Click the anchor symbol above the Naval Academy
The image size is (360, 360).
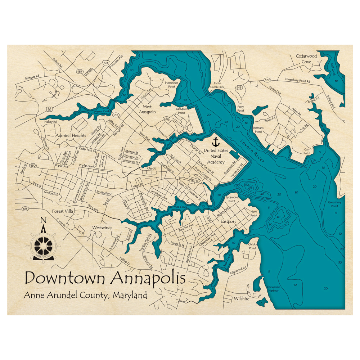[x=216, y=141]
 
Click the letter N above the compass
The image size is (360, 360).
[x=43, y=221]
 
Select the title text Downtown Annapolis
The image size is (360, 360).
[x=105, y=278]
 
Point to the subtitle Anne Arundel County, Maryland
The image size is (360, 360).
[x=85, y=296]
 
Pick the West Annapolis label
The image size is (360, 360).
[x=149, y=109]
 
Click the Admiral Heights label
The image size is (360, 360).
[x=71, y=135]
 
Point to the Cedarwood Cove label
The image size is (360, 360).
[x=306, y=59]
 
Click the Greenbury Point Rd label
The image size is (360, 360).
[x=297, y=80]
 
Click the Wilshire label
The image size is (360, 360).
[x=242, y=298]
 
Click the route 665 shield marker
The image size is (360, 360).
[x=25, y=209]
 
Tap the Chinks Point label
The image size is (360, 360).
[x=252, y=246]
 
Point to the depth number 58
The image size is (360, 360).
[x=251, y=187]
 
